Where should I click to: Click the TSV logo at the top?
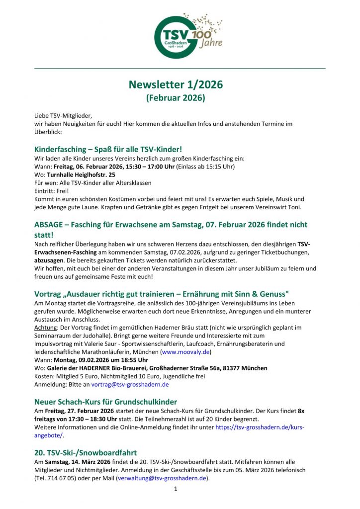180,34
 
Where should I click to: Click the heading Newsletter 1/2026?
176,85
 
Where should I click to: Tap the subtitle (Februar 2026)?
176,98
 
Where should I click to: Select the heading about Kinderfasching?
108,149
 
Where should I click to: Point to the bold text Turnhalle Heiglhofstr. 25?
81,175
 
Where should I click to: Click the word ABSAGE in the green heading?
48,225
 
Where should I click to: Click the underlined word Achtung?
45,328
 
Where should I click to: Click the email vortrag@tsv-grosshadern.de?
130,384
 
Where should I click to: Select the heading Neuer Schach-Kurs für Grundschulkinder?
105,402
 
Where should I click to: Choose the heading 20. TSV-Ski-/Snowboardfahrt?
86,452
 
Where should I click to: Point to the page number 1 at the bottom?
176,489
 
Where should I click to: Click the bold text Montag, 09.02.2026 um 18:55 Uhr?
98,360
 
